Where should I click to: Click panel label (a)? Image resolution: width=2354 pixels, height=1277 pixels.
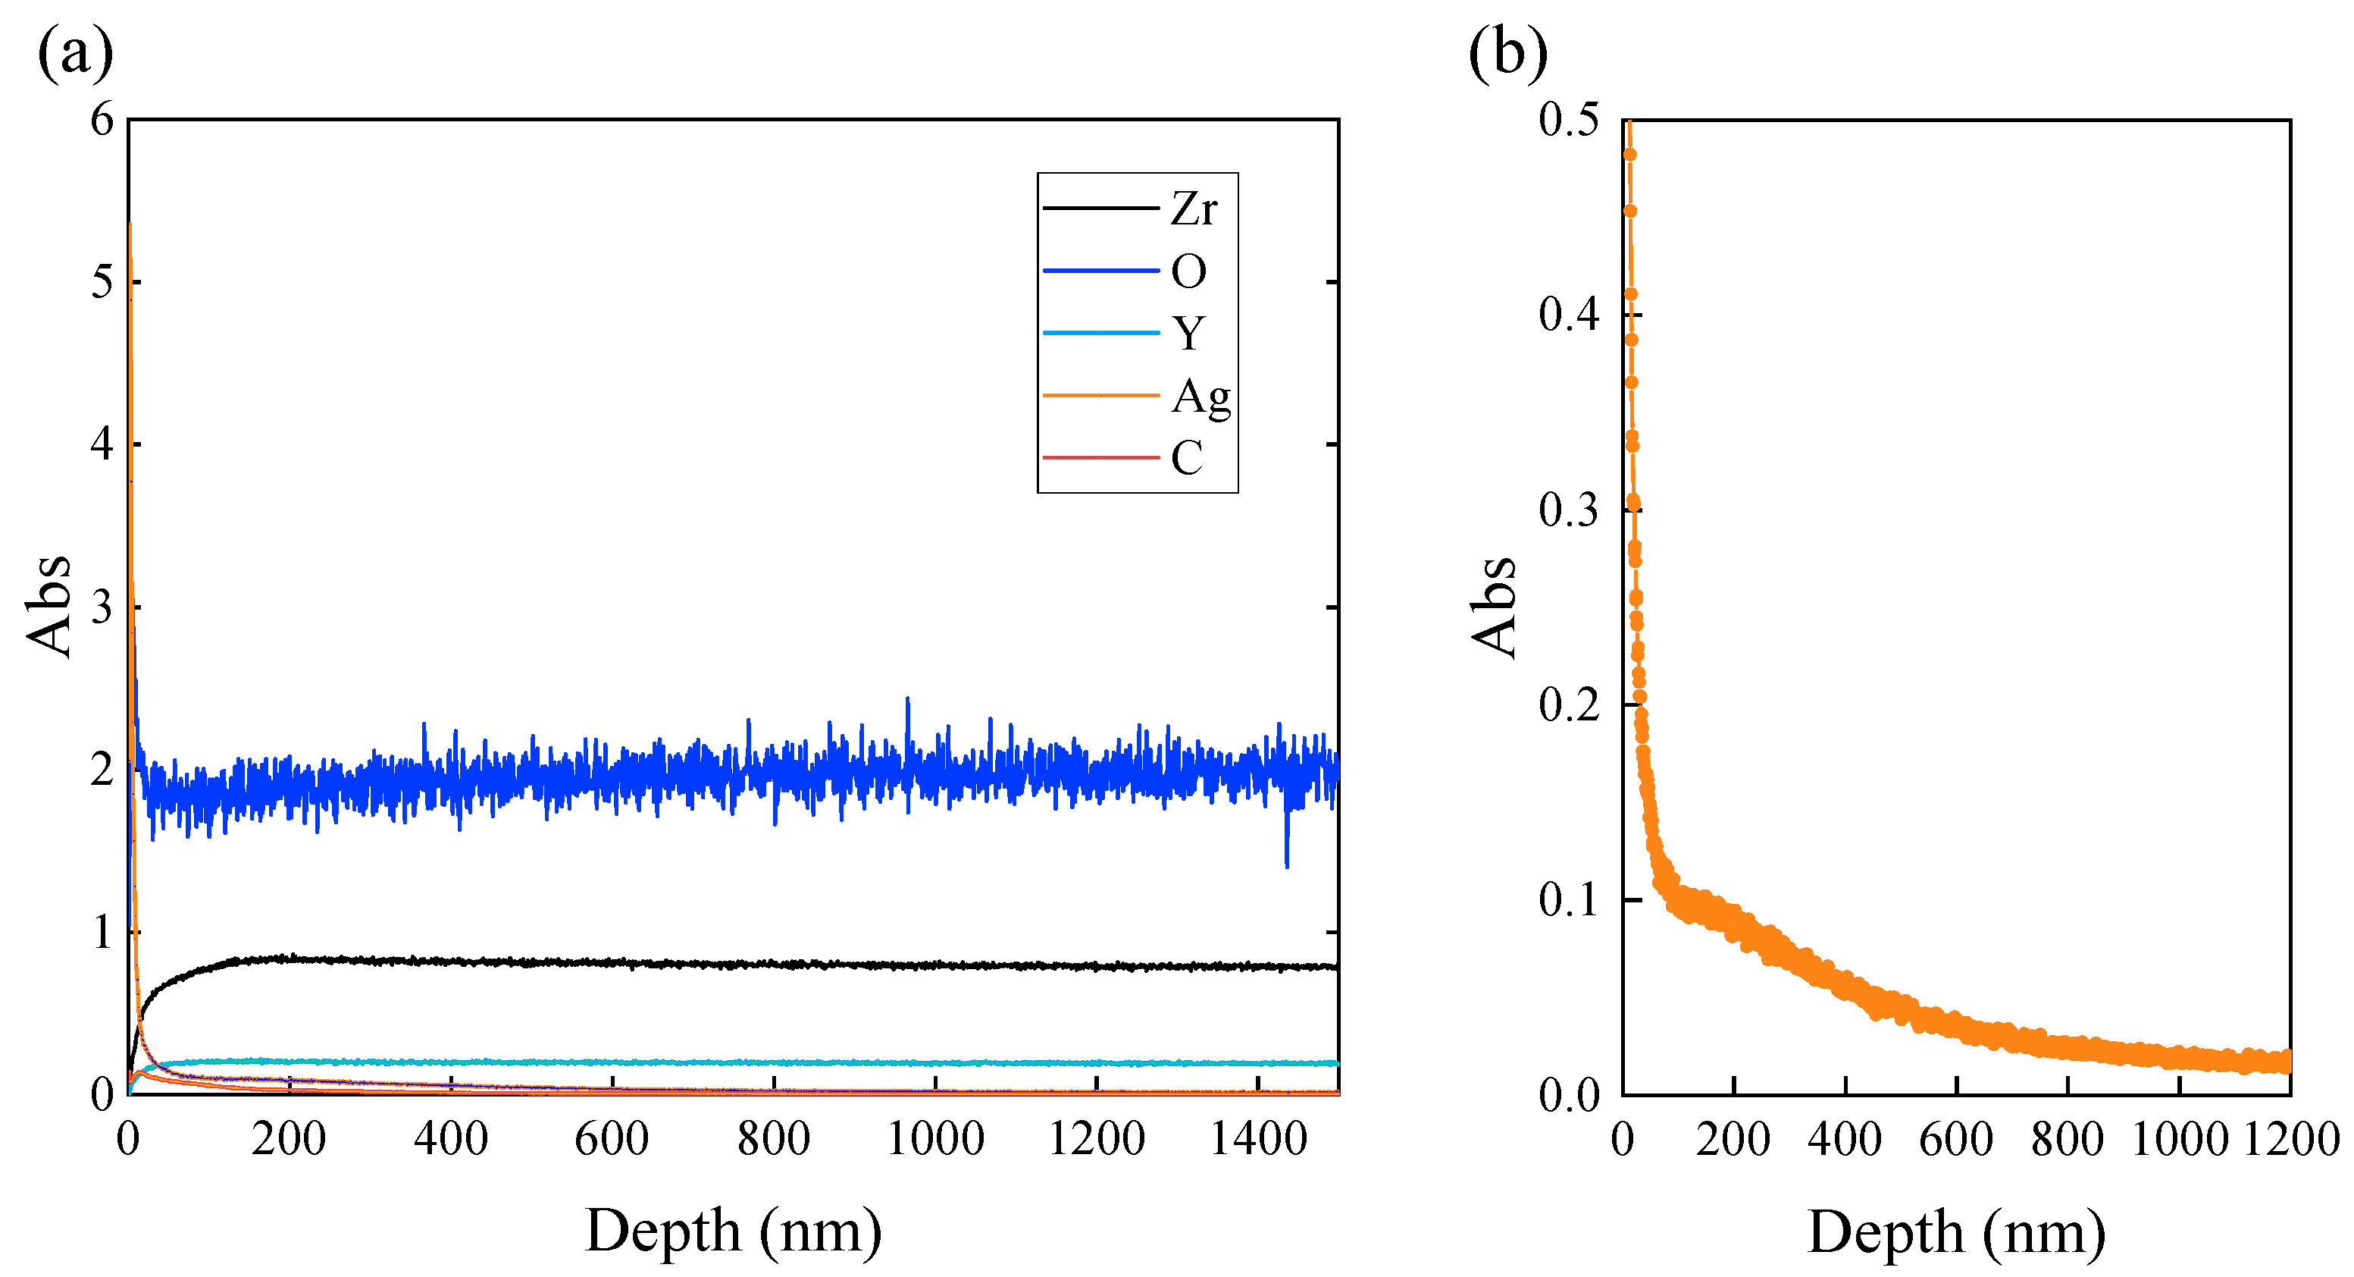tap(75, 52)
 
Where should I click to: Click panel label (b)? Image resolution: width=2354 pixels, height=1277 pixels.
tap(1507, 52)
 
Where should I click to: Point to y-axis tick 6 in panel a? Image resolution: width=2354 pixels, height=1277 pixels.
tap(102, 120)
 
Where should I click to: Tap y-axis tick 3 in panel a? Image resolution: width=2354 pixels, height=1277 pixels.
tap(102, 607)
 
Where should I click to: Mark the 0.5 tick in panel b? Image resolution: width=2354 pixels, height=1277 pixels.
tap(1569, 120)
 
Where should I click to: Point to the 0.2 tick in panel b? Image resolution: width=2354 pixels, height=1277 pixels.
tap(1569, 704)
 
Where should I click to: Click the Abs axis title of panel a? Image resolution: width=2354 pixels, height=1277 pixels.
tap(48, 605)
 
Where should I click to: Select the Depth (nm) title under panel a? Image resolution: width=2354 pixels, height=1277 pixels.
tap(733, 1232)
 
